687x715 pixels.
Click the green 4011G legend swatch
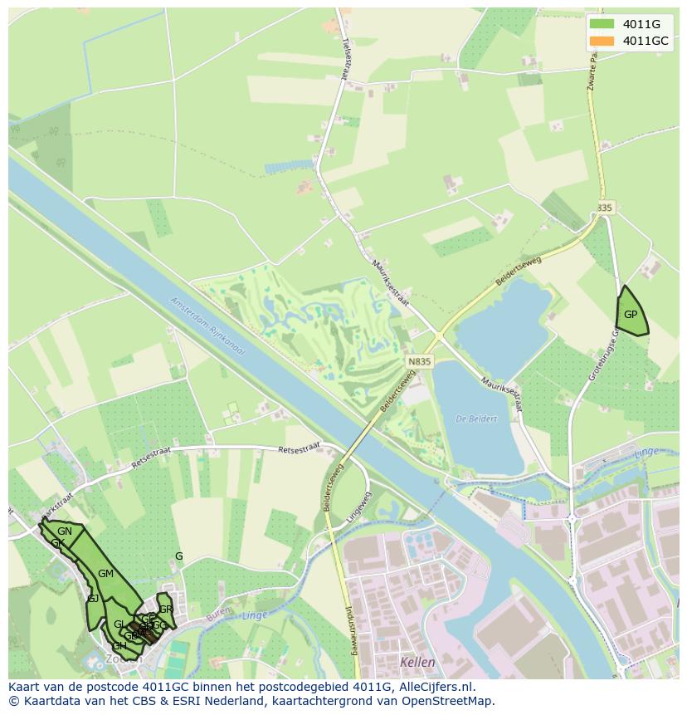pyautogui.click(x=602, y=24)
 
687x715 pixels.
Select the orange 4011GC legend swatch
pyautogui.click(x=602, y=41)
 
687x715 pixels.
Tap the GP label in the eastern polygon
pyautogui.click(x=631, y=315)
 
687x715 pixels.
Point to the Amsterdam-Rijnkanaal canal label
pyautogui.click(x=208, y=326)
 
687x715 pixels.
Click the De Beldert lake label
pyautogui.click(x=476, y=419)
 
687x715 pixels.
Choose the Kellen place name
pyautogui.click(x=417, y=662)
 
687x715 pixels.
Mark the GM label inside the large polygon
pyautogui.click(x=105, y=574)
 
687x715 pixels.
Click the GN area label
pyautogui.click(x=65, y=531)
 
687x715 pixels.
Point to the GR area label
pyautogui.click(x=165, y=610)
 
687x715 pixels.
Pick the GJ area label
pyautogui.click(x=93, y=599)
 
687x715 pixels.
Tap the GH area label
pyautogui.click(x=119, y=645)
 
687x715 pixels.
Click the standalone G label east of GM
pyautogui.click(x=178, y=556)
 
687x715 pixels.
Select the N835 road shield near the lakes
pyautogui.click(x=420, y=362)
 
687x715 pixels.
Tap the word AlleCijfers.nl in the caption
pyautogui.click(x=435, y=687)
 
